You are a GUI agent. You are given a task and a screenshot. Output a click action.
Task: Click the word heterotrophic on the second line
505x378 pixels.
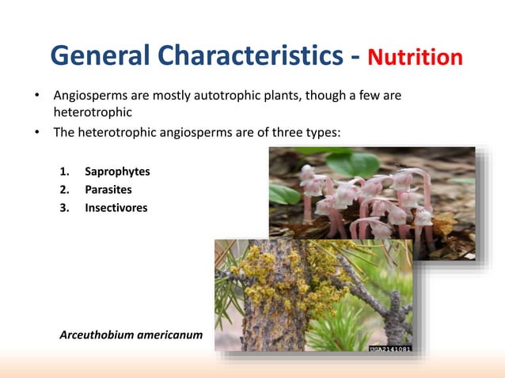tap(92, 112)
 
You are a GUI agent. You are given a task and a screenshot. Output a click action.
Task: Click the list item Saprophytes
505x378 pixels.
tap(117, 171)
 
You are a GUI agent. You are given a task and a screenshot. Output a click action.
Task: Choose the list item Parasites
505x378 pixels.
tap(108, 189)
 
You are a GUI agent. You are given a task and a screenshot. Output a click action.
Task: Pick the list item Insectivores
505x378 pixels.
tap(116, 208)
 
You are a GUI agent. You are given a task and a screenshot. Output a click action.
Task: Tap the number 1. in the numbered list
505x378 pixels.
tap(66, 171)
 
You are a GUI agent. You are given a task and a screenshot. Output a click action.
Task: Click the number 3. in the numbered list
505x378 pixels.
tap(66, 208)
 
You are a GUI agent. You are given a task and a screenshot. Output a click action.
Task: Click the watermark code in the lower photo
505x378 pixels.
tap(389, 348)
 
